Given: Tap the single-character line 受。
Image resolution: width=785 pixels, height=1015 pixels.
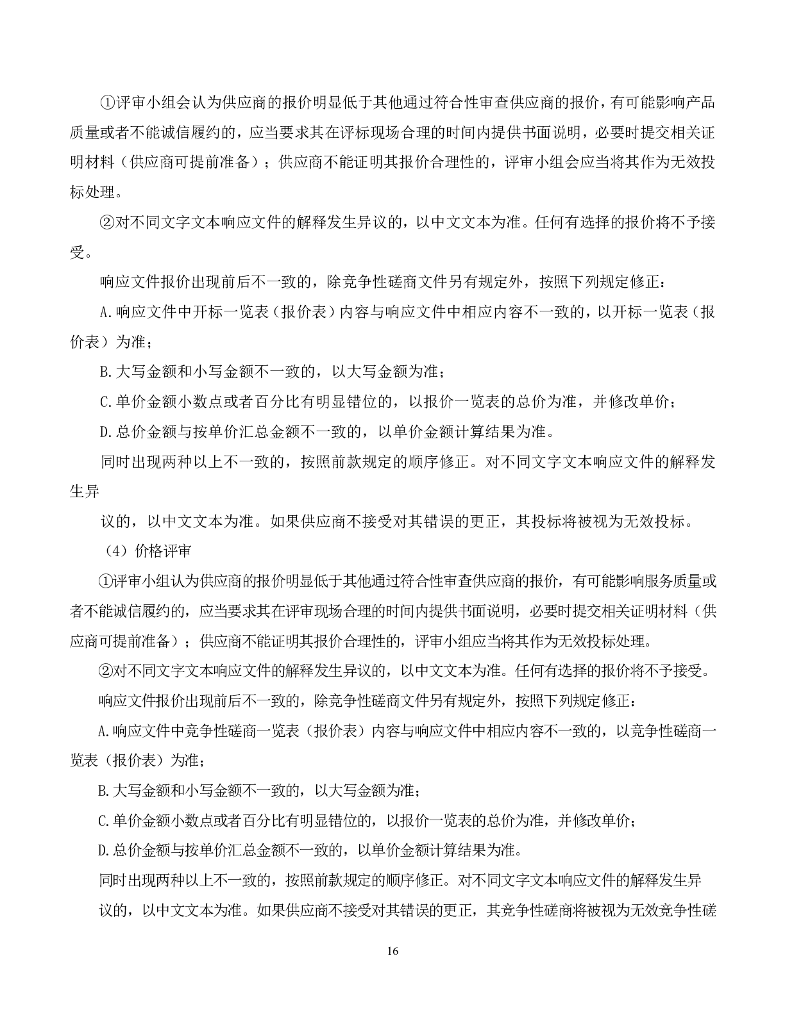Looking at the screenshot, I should tap(78, 252).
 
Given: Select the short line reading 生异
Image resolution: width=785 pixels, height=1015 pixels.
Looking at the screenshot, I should tap(85, 491).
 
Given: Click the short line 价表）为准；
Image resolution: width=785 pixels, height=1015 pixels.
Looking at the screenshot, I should tap(110, 342).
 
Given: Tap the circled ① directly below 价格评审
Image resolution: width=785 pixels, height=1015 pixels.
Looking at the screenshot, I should tap(105, 581).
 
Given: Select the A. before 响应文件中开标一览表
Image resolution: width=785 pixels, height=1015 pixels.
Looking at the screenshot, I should tap(106, 312).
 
